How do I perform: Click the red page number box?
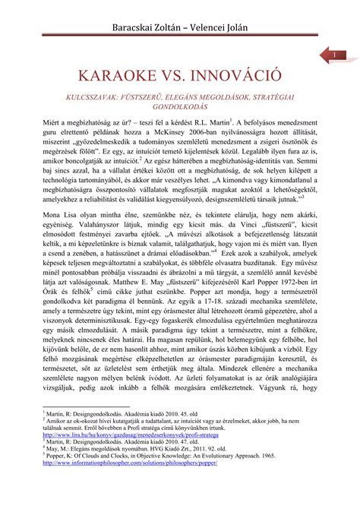333,55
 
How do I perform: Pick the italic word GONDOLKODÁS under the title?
179,109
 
